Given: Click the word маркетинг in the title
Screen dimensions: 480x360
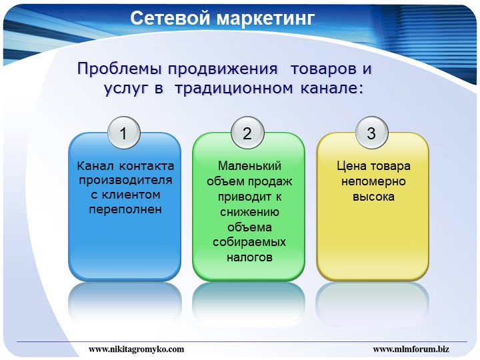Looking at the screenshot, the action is point(266,19).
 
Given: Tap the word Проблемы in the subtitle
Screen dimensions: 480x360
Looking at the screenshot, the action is point(119,69).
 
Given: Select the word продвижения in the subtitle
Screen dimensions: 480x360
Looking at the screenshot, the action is point(223,69).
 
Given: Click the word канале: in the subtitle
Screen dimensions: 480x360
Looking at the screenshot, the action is point(332,88).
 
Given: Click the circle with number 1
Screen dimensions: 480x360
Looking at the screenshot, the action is point(124,133).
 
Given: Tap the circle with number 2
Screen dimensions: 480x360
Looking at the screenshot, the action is point(247,133).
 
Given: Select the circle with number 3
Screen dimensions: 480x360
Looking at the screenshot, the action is point(371,133).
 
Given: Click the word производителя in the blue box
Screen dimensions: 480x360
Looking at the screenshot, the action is point(125,181).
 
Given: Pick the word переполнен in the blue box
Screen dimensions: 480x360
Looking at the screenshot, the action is point(125,210).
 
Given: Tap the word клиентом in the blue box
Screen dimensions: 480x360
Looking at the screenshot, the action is point(131,195).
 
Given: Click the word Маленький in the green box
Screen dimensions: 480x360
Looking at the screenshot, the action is point(249,166).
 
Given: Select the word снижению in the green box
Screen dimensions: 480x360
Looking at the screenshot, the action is point(249,212).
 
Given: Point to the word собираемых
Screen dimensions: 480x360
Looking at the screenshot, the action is point(249,242).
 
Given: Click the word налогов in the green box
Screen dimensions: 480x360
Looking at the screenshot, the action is point(249,257).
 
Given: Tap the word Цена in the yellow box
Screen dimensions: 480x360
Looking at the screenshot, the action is point(351,166).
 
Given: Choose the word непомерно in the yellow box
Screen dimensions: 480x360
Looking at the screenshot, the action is point(373,181).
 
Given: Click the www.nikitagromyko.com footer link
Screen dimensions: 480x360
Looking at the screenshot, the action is point(137,349).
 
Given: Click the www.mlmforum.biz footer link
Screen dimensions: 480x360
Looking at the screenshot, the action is point(411,349).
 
